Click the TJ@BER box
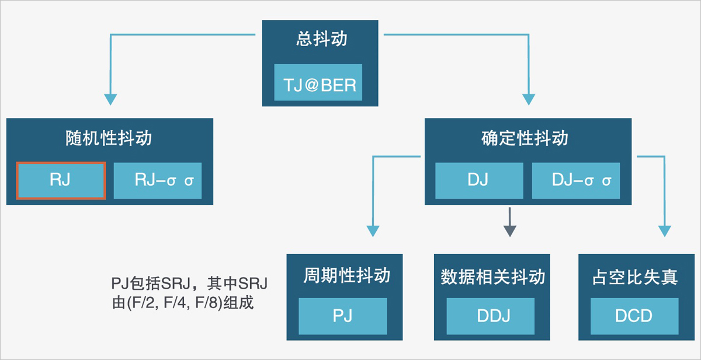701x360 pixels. coord(318,82)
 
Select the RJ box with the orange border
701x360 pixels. coord(61,181)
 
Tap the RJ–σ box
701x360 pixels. coord(157,181)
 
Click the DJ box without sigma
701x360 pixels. coord(479,181)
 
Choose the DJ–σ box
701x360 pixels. coord(576,181)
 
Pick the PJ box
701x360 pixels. coord(343,316)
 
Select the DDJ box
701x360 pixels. coord(490,316)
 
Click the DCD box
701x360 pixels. coord(634,316)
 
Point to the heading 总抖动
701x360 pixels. coord(322,39)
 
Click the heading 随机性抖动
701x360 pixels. coord(109,138)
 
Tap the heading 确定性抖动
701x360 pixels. coord(525,138)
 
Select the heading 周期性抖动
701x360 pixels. coord(347,275)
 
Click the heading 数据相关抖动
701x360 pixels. coord(493,277)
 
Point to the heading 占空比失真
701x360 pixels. coord(635,277)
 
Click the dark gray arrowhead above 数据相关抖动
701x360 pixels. coord(510,231)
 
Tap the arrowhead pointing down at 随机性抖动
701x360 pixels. coord(110,99)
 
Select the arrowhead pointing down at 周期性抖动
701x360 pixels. coord(373,231)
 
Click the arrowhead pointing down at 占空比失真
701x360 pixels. coord(665,231)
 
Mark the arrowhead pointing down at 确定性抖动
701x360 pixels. coord(529,99)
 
